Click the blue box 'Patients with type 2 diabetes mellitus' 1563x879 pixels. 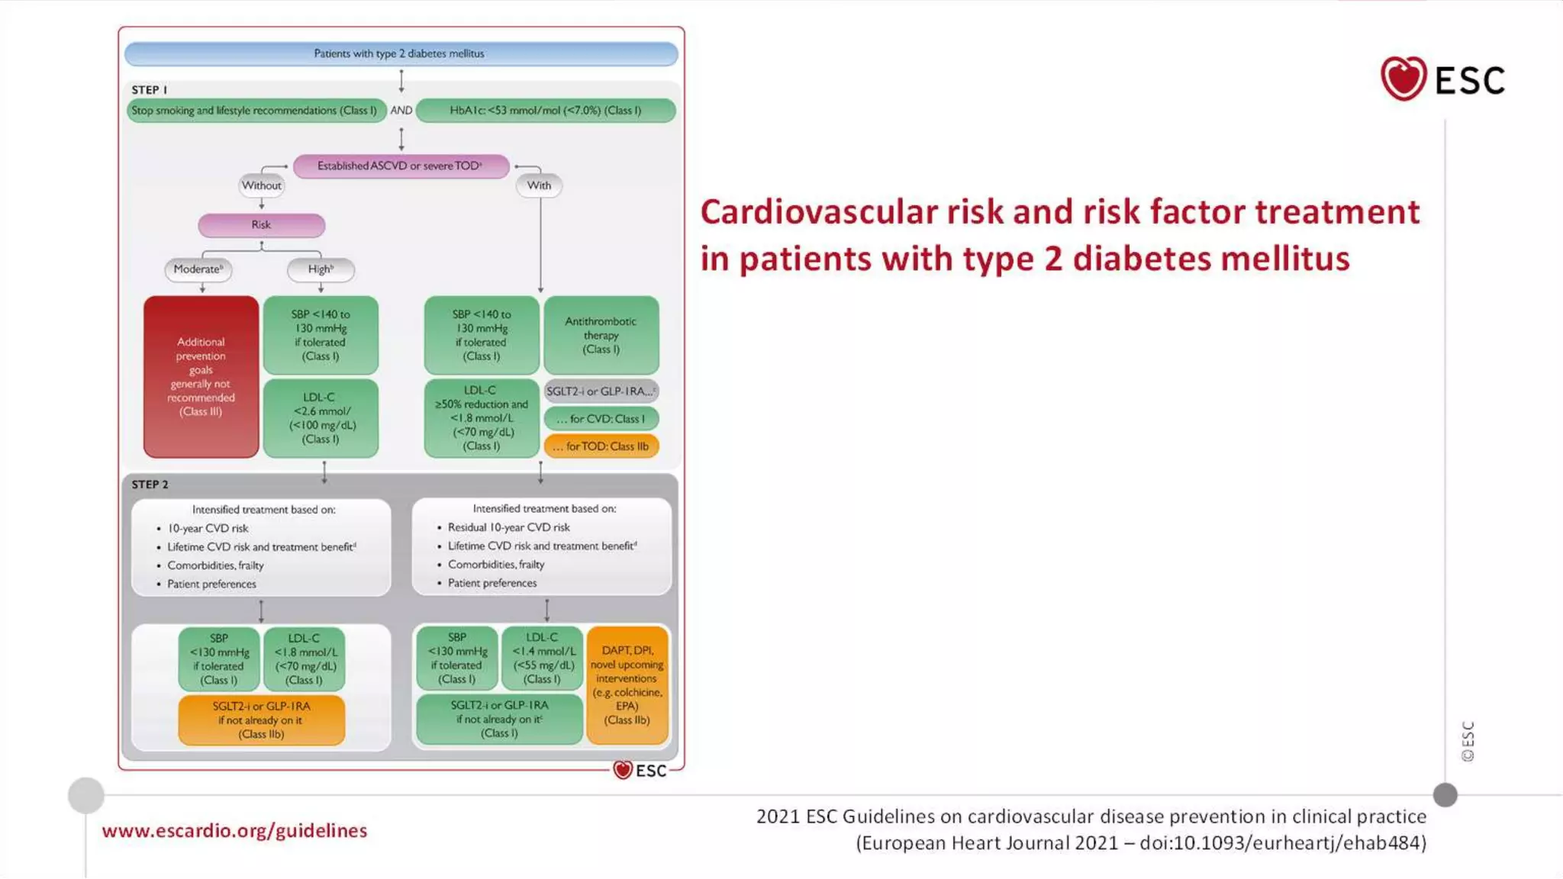(x=401, y=53)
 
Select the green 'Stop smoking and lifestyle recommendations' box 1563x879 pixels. (x=256, y=111)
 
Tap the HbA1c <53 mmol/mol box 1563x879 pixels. (x=546, y=111)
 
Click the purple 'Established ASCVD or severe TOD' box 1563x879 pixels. (x=401, y=166)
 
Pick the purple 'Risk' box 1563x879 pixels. (x=261, y=225)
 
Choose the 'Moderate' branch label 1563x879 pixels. (x=198, y=269)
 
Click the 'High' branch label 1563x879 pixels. (x=321, y=269)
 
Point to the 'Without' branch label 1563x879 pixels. (x=262, y=185)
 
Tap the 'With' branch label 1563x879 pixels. (x=539, y=185)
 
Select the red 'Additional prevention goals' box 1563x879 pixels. (x=201, y=377)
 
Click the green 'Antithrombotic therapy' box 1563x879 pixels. (x=601, y=335)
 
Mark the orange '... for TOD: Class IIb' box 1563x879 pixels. (x=601, y=446)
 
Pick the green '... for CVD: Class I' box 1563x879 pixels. (x=601, y=419)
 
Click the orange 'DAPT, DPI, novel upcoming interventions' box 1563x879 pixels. (x=627, y=684)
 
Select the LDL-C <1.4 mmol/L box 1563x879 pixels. (x=543, y=658)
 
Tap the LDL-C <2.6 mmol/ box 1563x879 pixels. (x=321, y=418)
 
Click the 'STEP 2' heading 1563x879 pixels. (x=150, y=485)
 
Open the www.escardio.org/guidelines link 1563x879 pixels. (x=234, y=831)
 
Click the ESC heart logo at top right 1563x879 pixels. (x=1403, y=79)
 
